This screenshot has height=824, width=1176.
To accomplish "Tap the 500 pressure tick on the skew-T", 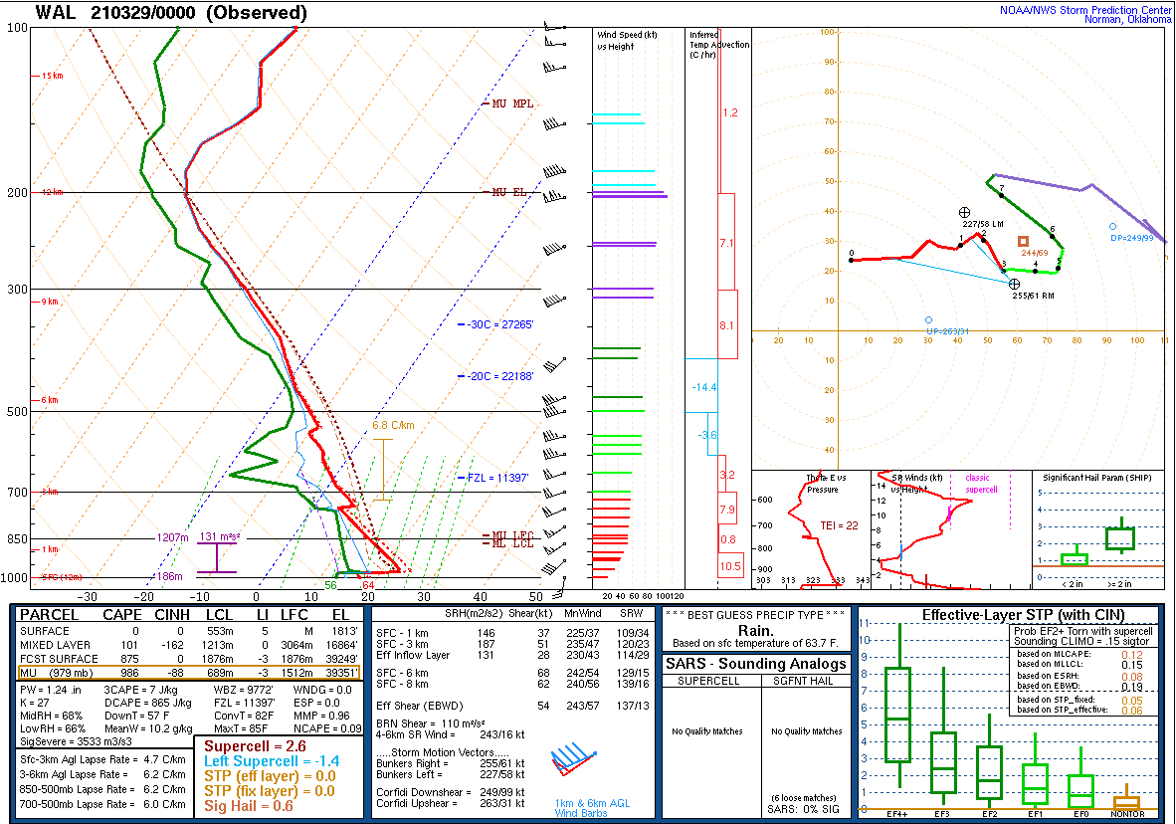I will pos(17,412).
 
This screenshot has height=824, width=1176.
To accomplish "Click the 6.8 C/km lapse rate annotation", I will pos(393,426).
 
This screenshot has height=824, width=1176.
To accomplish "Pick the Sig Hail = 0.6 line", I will pos(249,805).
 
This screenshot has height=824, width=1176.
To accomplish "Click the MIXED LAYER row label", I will pos(55,645).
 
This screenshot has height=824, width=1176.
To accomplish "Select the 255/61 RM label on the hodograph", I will pos(1032,296).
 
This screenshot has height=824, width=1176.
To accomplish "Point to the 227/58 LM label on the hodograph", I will pos(982,225).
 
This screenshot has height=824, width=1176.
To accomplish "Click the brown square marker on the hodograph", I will pos(1023,241).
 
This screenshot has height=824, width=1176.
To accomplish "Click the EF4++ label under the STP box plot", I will pos(897,814).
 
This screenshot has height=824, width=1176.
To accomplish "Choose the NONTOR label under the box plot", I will pos(1126,814).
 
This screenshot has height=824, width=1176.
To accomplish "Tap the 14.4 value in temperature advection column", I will pos(705,387).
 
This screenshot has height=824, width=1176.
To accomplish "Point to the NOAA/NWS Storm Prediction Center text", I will pos(1085,10).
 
